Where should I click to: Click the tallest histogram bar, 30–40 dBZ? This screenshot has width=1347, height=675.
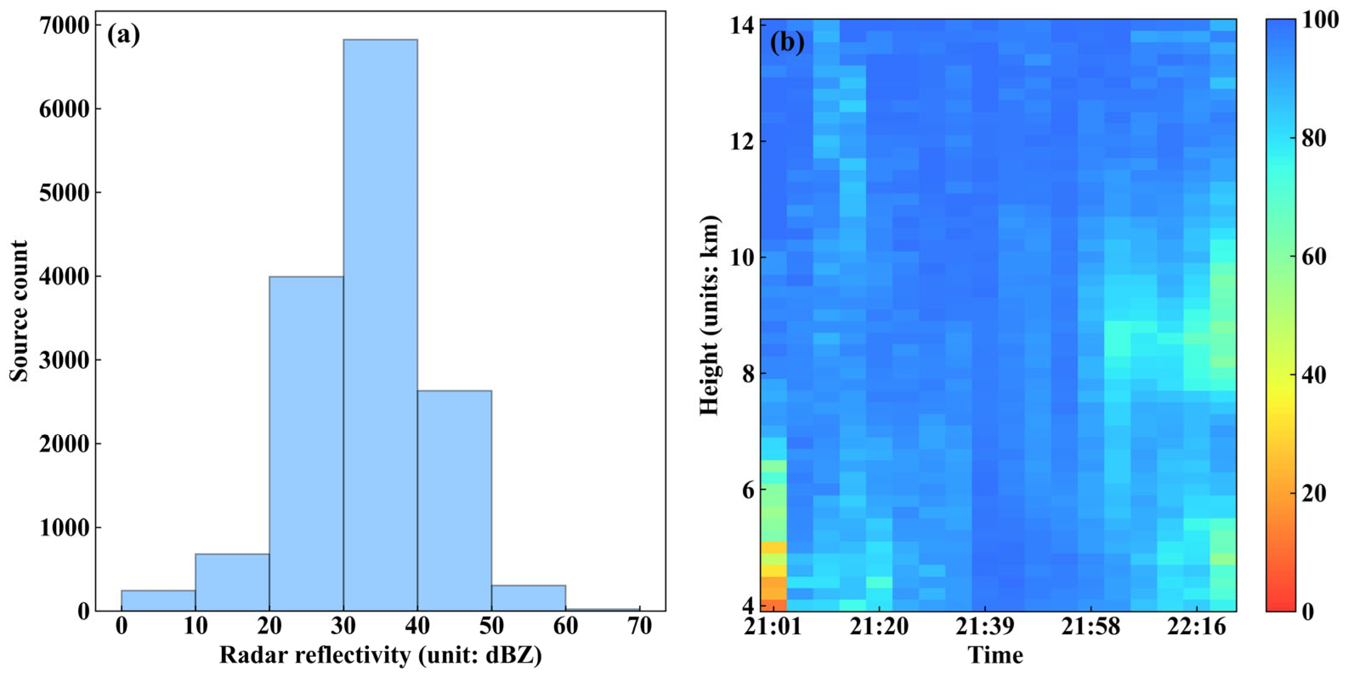(x=380, y=324)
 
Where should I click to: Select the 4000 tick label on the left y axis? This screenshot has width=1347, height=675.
(x=64, y=277)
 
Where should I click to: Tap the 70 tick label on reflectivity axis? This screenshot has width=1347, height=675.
(x=640, y=627)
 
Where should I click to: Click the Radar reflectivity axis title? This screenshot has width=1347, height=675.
(x=380, y=655)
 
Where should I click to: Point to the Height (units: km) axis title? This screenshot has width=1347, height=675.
(x=710, y=315)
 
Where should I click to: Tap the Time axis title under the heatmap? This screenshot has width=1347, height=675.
(x=995, y=655)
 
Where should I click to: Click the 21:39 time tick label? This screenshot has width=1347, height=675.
(x=985, y=627)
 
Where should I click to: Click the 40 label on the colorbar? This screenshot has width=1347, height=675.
(x=1313, y=375)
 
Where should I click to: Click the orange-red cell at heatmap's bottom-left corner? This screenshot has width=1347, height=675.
(x=773, y=605)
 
